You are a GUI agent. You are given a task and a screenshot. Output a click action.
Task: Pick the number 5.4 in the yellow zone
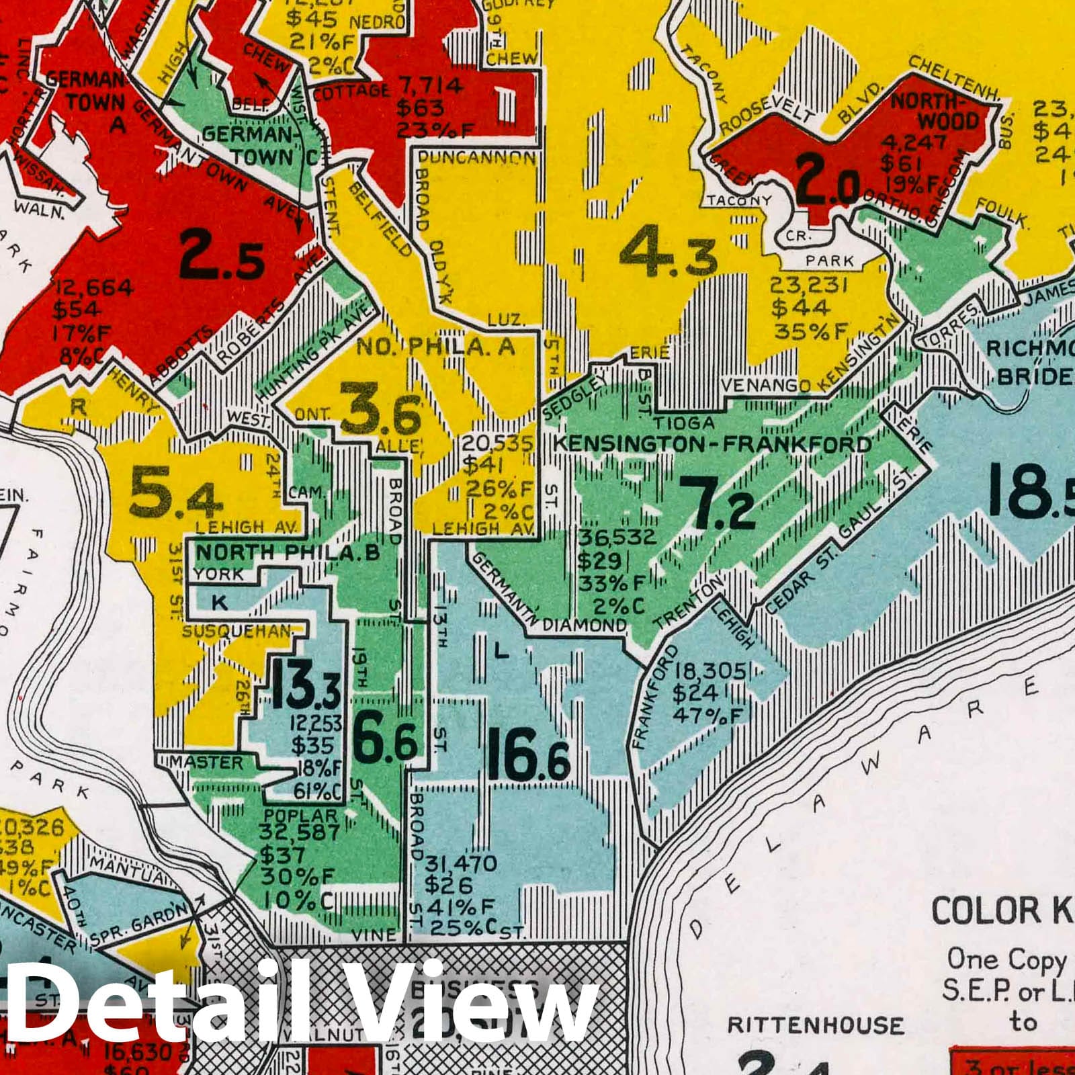coord(175,495)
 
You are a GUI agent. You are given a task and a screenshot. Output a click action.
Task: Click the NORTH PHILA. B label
coord(288,553)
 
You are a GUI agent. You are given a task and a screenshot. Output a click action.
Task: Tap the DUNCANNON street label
coord(477,159)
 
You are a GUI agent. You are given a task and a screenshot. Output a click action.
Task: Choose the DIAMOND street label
coord(584,625)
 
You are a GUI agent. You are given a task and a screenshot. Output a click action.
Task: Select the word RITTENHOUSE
coord(816,1026)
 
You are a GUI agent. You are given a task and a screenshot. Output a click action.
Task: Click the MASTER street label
coord(206,763)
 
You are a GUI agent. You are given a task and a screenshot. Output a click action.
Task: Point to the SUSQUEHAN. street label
coord(239,632)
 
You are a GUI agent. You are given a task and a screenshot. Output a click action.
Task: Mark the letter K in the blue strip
coord(219,603)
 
